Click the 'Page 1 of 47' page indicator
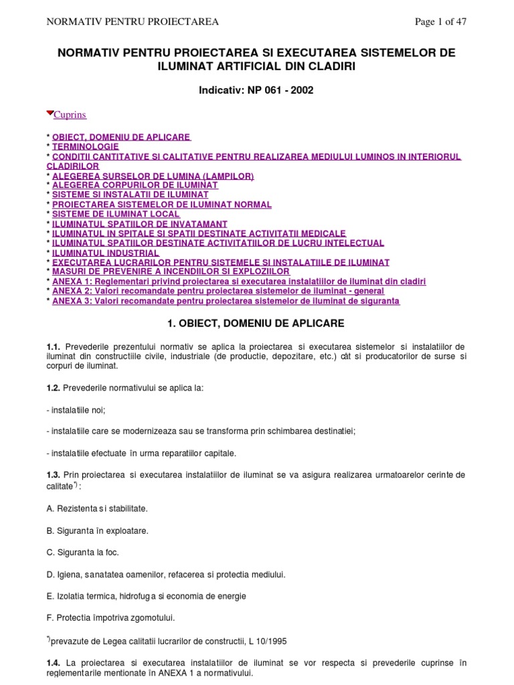[x=440, y=21]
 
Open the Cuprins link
[x=70, y=114]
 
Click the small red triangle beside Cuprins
[x=50, y=112]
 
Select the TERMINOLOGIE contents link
[x=85, y=146]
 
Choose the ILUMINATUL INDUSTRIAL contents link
[x=106, y=253]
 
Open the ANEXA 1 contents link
[x=239, y=282]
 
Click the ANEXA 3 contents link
[x=226, y=301]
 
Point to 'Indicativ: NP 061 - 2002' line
[x=256, y=90]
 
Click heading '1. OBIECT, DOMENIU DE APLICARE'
[x=256, y=323]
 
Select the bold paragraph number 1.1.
[x=54, y=347]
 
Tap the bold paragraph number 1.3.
[x=54, y=474]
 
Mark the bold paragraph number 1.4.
[x=54, y=663]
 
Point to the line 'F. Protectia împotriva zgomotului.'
[x=110, y=618]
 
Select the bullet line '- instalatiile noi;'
[x=76, y=409]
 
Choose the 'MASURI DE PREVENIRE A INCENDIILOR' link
[x=171, y=272]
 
